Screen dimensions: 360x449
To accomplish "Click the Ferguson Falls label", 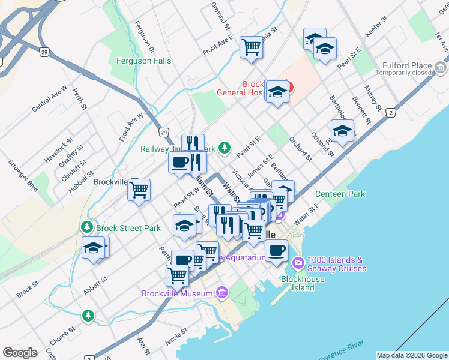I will [143, 61].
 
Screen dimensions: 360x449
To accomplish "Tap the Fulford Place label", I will [412, 65].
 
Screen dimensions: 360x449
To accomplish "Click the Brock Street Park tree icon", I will [88, 228].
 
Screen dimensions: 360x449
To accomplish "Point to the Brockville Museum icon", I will [222, 293].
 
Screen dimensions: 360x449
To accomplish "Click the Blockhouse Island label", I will [304, 283].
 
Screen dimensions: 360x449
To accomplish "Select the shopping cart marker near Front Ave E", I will [251, 47].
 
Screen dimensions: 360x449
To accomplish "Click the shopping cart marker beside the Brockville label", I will [139, 190].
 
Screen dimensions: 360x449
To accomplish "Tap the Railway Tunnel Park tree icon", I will [224, 147].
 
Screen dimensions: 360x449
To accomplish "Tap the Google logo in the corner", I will [20, 353].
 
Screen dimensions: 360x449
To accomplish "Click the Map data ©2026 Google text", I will [411, 355].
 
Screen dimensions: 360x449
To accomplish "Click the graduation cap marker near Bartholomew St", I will [342, 131].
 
